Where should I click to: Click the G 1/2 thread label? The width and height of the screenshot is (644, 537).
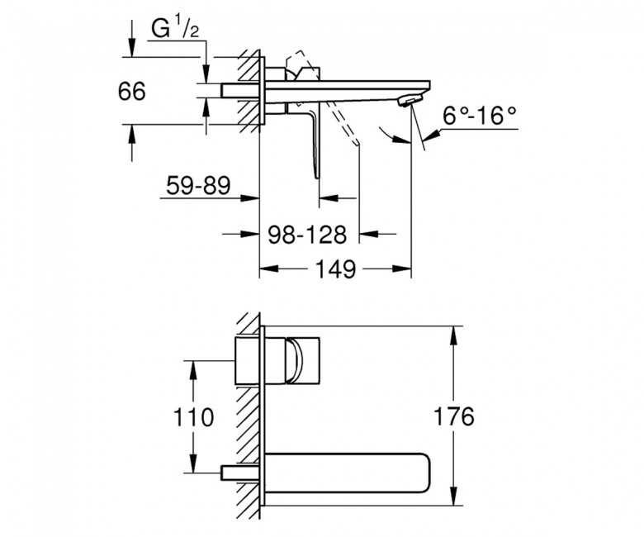point(175,28)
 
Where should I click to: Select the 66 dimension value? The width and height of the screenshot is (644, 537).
point(132,91)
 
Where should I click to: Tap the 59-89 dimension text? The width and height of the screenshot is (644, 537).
point(198,185)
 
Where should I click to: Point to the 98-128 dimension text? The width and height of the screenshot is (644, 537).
point(308,235)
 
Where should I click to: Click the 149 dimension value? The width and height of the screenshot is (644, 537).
point(335,269)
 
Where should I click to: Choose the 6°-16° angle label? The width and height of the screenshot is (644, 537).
point(480,116)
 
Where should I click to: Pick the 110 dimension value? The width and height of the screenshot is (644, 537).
point(193,417)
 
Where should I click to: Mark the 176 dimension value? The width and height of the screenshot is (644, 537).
point(454,416)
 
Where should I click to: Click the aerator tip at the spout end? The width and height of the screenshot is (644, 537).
point(410,100)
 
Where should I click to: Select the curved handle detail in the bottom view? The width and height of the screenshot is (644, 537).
point(295,361)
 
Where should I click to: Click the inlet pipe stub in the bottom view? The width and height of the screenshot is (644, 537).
point(242,473)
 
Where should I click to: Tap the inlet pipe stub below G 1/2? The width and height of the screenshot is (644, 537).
point(241,90)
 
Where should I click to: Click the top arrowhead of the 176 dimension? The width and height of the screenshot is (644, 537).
point(453,335)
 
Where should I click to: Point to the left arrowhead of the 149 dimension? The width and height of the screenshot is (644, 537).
point(269,269)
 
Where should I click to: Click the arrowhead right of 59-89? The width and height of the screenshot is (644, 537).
point(249,198)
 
